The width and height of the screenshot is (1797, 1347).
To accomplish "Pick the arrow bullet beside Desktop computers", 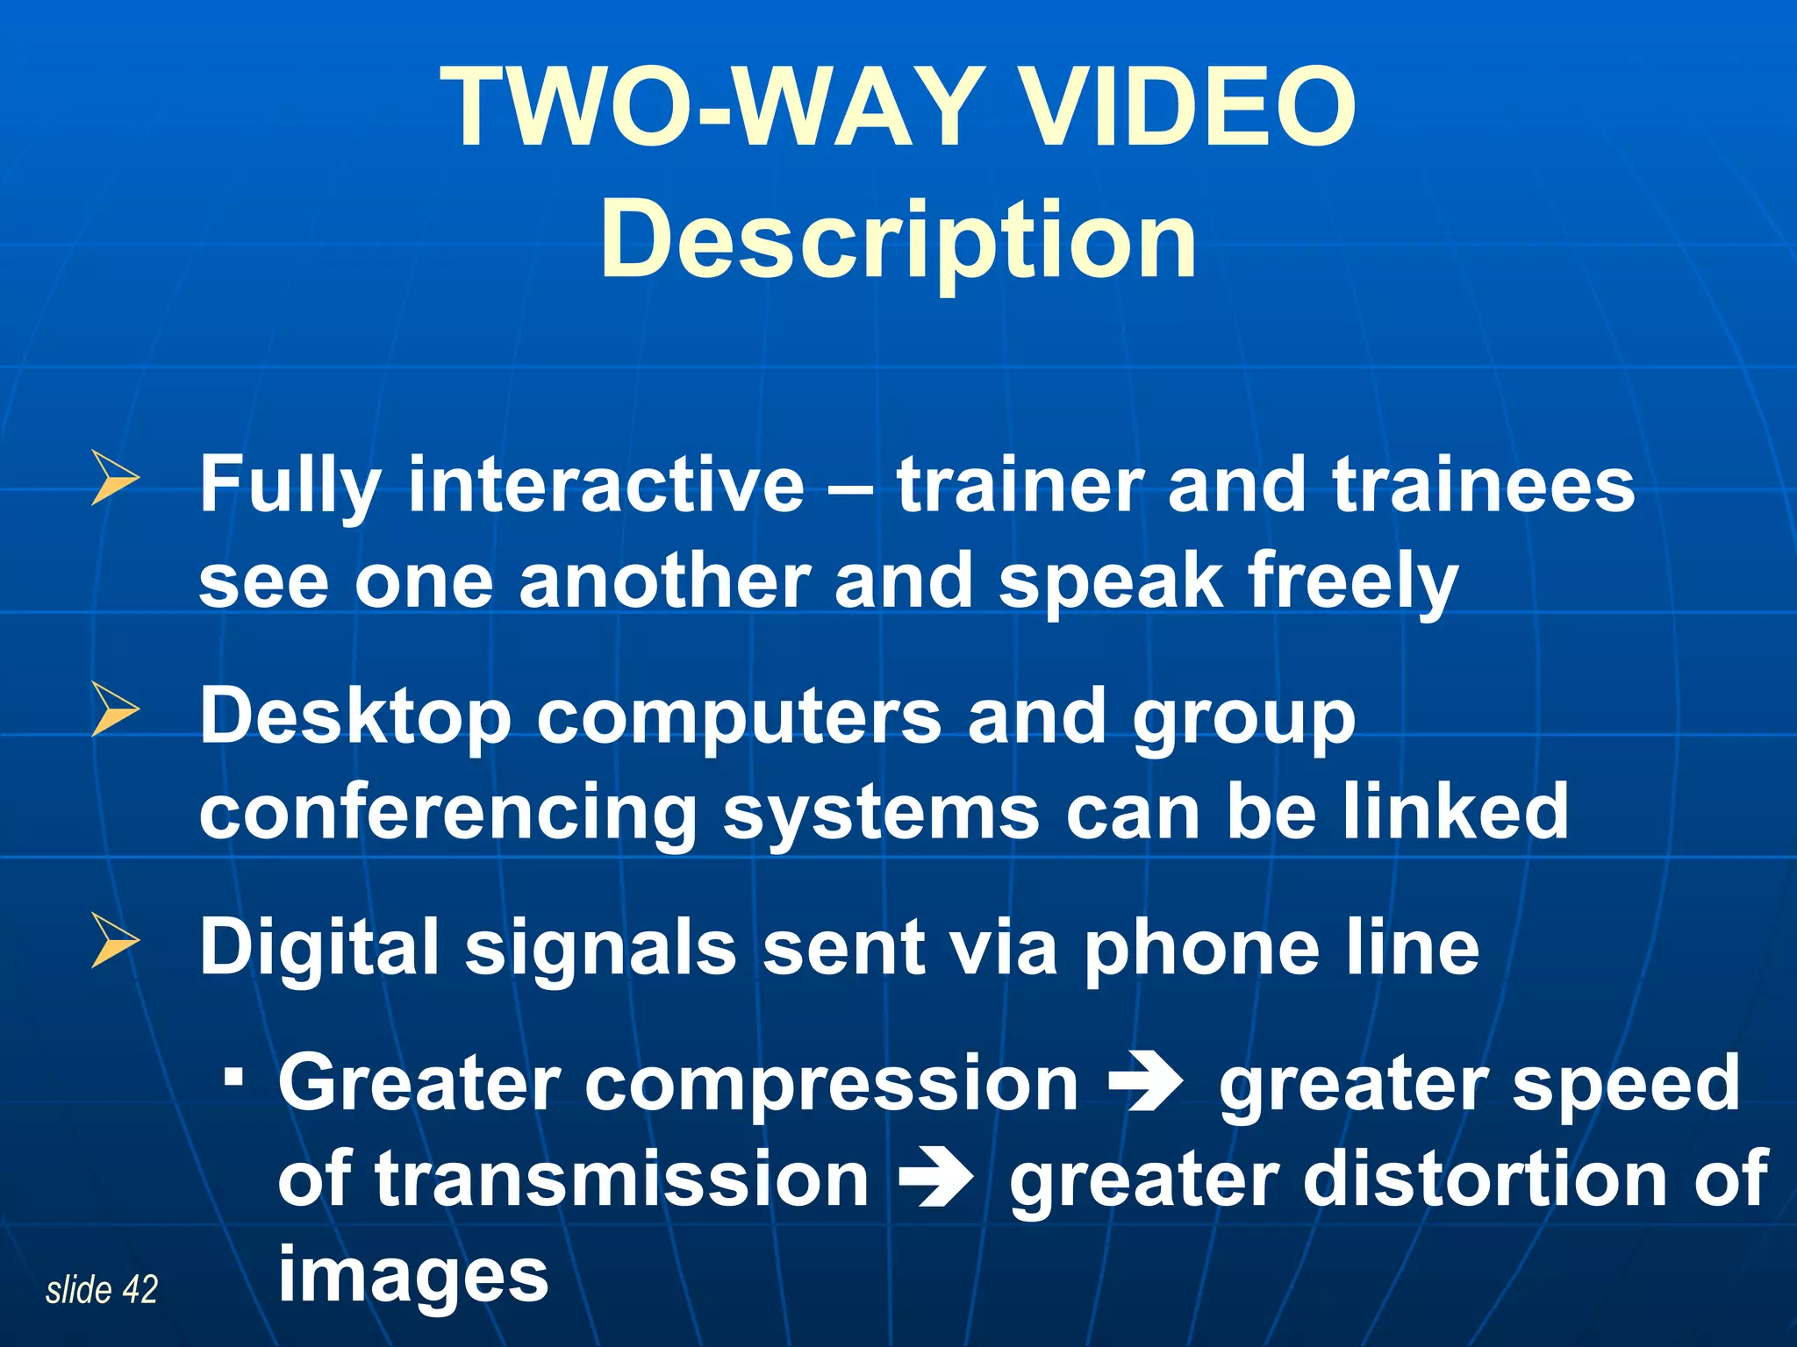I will [x=115, y=709].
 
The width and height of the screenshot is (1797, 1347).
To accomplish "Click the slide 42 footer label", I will [x=102, y=1290].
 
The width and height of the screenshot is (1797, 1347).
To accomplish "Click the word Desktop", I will [x=355, y=717].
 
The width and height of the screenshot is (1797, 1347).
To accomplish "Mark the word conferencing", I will [x=447, y=814].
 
